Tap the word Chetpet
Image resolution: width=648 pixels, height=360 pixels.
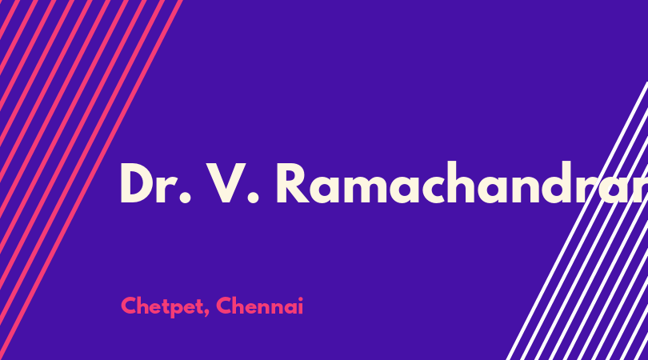162,306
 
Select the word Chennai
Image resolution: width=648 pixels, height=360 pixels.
259,306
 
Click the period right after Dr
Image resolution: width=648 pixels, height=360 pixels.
186,198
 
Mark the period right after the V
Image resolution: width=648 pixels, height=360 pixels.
253,198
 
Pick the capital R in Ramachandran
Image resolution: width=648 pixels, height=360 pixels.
292,183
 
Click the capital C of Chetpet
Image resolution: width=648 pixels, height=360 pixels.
129,306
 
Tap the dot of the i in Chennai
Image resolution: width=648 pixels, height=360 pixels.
301,299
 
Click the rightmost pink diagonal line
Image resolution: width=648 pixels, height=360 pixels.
91,180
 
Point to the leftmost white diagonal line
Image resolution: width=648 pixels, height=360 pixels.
577,221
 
